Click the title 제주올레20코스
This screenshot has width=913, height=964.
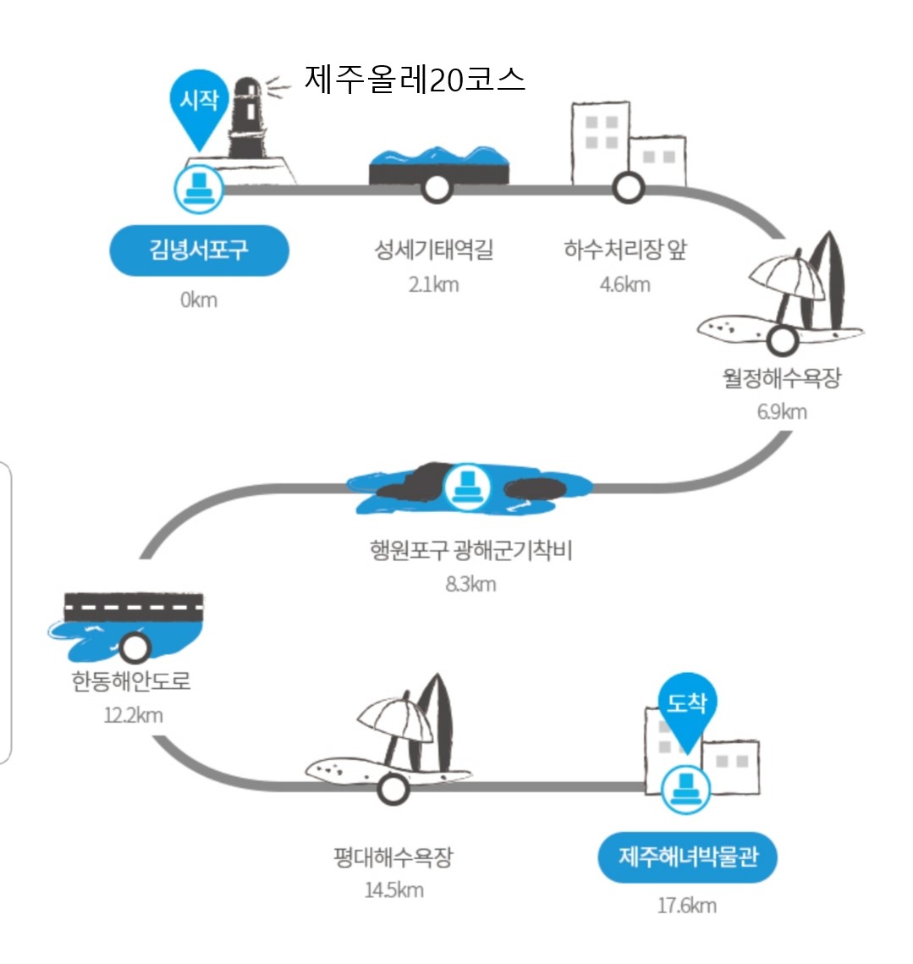coord(415,80)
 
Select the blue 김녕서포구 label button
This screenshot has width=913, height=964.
coord(199,251)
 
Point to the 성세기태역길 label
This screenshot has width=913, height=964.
coord(433,250)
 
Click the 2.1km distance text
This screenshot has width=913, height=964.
coord(433,284)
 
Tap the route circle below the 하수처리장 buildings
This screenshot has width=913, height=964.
coord(628,187)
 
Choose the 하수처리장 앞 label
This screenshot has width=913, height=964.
coord(625,250)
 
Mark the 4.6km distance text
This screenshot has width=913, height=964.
coord(625,284)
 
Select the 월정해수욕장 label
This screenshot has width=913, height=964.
coord(782,377)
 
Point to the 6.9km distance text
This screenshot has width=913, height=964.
coord(782,412)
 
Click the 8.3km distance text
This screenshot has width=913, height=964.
coord(470,584)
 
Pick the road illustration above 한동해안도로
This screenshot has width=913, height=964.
coord(134,605)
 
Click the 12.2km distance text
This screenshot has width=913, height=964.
coord(133,715)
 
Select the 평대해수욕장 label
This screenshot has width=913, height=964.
coord(393,857)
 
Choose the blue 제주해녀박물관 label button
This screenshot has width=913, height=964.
coord(687,857)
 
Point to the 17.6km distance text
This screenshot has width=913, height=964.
coord(686,906)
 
